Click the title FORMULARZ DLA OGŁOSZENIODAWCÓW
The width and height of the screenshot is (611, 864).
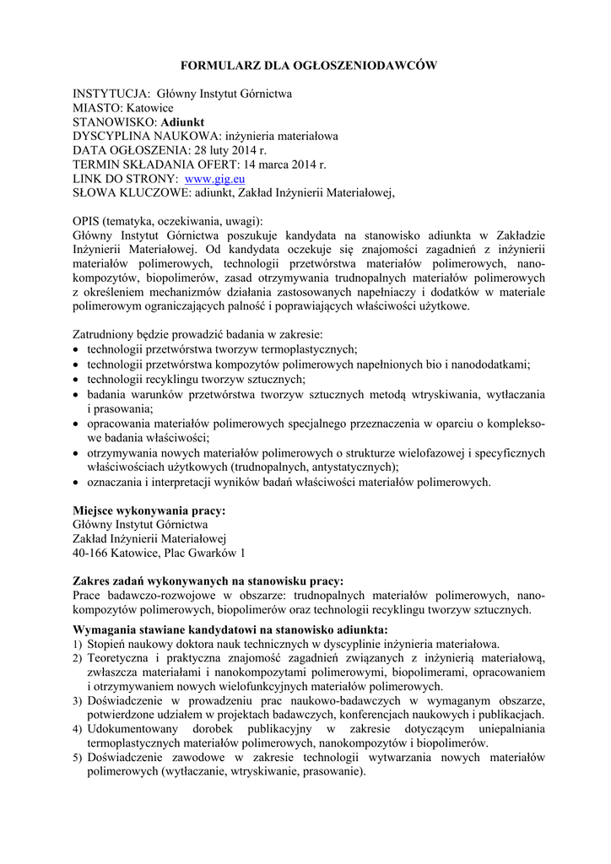(x=305, y=66)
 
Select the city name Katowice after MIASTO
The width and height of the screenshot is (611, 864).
(x=150, y=108)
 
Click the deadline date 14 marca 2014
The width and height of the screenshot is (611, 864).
(x=278, y=165)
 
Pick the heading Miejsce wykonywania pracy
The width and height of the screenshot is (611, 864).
(x=149, y=510)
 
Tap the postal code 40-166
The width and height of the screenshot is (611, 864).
(x=91, y=553)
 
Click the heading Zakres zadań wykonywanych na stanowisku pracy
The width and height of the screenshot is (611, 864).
(x=208, y=580)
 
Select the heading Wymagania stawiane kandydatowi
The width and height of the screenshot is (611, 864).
(x=230, y=629)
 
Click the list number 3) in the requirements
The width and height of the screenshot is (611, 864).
(x=78, y=700)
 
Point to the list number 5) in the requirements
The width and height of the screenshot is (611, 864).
(x=78, y=758)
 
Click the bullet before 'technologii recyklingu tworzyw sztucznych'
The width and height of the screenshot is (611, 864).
(x=77, y=380)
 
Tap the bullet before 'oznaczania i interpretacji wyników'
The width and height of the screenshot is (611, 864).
(x=77, y=482)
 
